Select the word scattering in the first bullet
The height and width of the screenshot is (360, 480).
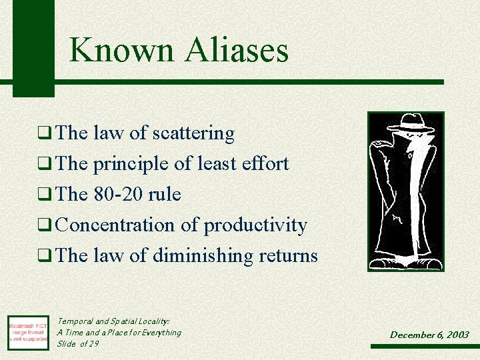click(193, 134)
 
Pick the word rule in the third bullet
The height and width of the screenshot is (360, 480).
click(164, 195)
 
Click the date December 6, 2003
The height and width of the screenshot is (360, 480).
click(429, 335)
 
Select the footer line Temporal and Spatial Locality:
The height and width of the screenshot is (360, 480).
click(113, 321)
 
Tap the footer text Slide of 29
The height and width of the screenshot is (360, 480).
click(77, 343)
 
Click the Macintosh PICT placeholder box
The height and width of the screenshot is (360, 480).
click(27, 332)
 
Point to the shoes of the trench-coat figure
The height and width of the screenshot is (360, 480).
click(405, 261)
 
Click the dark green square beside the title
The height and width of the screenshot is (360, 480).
click(33, 47)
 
